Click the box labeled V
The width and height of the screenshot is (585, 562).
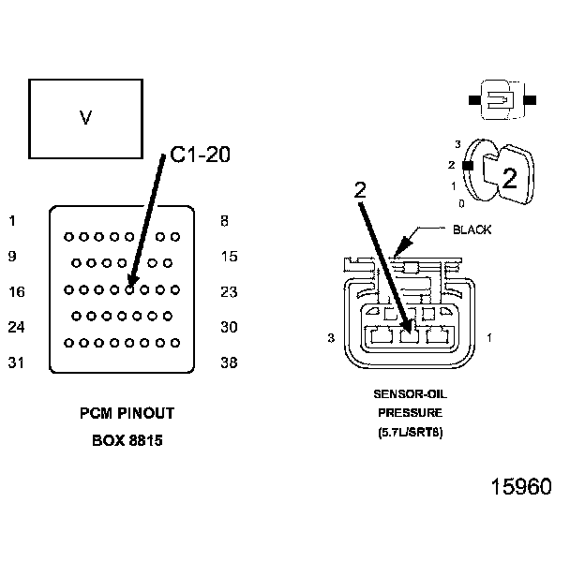(x=85, y=118)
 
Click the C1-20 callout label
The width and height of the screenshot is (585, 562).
(x=201, y=155)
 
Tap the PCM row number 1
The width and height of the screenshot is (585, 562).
(x=11, y=221)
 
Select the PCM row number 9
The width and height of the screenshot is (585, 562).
(x=11, y=256)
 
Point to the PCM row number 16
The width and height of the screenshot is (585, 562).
(x=16, y=291)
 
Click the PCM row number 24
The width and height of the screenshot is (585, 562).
(x=16, y=327)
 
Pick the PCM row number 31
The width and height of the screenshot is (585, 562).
(x=16, y=362)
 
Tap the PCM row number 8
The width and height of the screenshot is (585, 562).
(x=223, y=221)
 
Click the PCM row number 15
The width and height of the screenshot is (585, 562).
(x=229, y=256)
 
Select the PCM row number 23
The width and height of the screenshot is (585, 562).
(x=229, y=291)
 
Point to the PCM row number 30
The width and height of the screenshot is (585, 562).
(x=229, y=327)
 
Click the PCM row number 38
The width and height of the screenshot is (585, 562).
(x=229, y=362)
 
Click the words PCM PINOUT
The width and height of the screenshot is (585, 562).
(x=127, y=413)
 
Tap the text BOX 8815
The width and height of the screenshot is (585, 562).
(x=127, y=439)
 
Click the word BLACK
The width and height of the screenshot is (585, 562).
(x=472, y=229)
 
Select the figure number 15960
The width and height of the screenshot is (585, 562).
(x=521, y=487)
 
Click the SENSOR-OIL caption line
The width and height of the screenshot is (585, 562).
(x=409, y=393)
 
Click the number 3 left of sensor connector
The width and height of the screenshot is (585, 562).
(x=331, y=338)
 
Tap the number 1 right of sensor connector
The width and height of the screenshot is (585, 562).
(x=489, y=336)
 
